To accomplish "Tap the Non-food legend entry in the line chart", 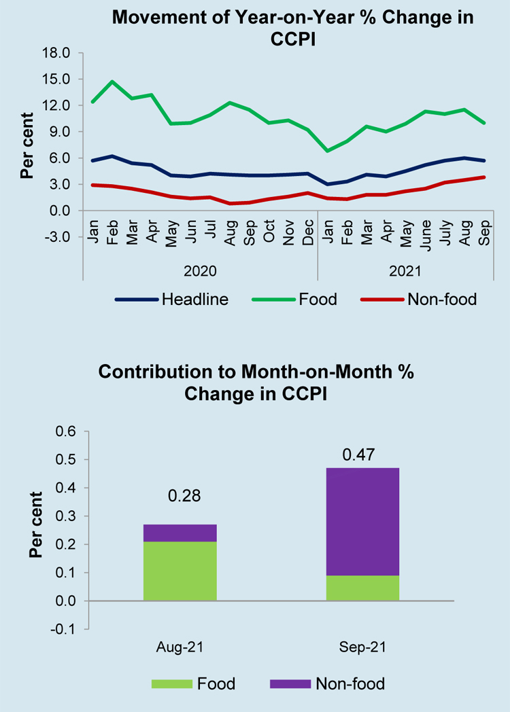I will click(441, 299).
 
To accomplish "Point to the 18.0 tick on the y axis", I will click(56, 53).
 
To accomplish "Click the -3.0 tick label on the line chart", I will click(56, 237).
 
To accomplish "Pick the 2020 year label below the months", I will click(200, 271).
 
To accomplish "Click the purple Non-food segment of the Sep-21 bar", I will click(362, 521).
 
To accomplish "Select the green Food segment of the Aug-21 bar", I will click(180, 571).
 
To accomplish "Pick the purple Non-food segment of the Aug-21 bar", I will click(180, 533).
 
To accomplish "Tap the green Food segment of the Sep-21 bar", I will click(362, 588).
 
